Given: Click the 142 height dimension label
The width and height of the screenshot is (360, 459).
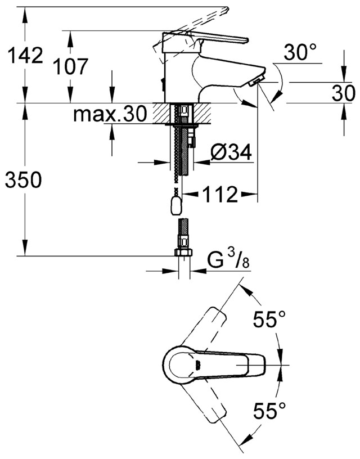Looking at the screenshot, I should [x=23, y=56].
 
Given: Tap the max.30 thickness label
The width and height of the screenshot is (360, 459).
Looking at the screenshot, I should [x=110, y=115].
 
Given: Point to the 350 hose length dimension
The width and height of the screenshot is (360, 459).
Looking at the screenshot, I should [x=23, y=180].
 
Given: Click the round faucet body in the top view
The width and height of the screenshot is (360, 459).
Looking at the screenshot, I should [x=183, y=366].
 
